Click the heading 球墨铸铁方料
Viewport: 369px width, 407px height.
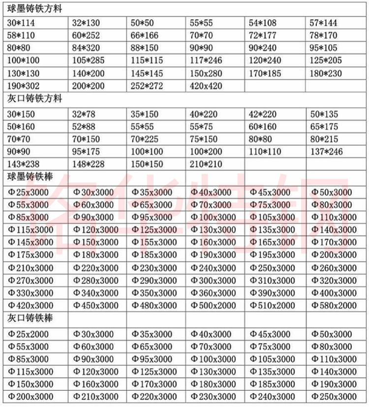34,9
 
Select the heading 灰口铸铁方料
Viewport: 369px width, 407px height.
34,98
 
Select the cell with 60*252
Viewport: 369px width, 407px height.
86,35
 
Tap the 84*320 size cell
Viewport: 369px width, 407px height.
86,48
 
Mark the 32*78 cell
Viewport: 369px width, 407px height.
84,114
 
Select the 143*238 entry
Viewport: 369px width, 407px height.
22,164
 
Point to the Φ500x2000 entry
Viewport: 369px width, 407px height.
214,305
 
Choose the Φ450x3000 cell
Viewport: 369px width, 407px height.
95,305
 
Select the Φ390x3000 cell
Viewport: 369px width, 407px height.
273,293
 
